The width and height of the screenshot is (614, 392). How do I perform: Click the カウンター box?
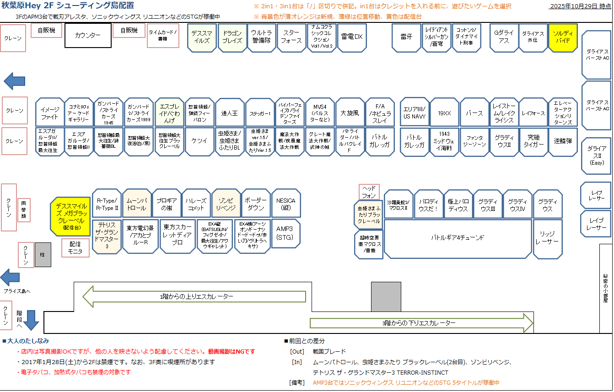88,35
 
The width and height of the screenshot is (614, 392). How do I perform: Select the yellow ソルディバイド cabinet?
562,37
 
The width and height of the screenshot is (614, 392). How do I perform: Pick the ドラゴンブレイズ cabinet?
232,37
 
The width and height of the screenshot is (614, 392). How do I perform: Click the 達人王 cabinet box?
230,113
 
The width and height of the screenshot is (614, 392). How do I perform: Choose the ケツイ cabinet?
199,141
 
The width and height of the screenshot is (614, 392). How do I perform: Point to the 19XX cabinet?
444,113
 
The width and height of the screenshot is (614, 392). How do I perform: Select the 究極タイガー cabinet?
533,141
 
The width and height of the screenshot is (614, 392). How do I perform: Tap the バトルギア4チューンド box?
458,238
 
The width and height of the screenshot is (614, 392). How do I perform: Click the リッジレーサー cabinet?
547,238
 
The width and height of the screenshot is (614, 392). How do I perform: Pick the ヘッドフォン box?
369,192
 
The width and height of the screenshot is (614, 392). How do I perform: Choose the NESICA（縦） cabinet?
286,204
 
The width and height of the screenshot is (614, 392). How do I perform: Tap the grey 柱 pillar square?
43,255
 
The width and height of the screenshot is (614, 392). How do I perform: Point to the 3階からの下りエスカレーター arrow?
421,323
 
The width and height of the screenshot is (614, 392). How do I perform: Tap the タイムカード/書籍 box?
162,36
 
